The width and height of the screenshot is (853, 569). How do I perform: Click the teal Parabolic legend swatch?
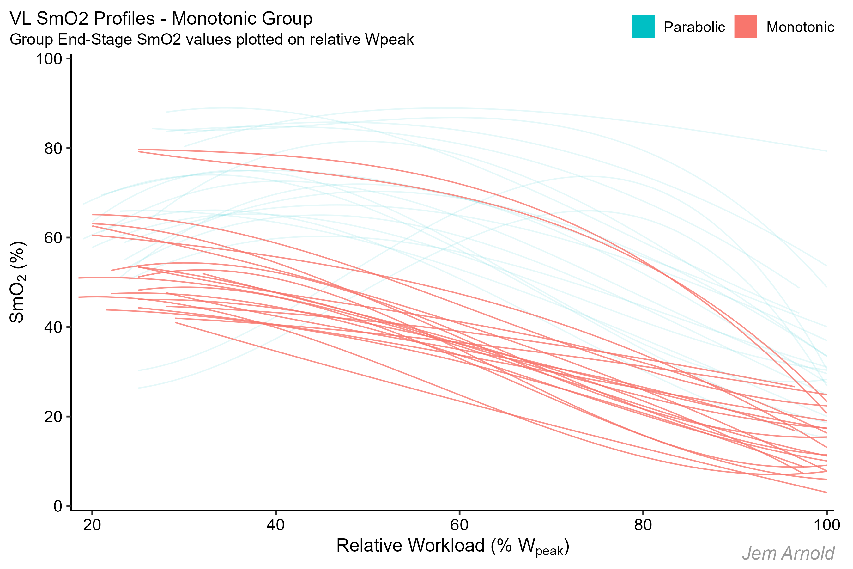(x=643, y=27)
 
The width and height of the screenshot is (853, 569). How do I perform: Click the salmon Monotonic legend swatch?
(x=745, y=27)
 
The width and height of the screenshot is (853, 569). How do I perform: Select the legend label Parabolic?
(x=694, y=27)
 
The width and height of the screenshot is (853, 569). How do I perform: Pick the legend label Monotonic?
(x=800, y=27)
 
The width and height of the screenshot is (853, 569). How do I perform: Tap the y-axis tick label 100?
(x=49, y=59)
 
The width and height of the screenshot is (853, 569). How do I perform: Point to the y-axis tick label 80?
(x=53, y=149)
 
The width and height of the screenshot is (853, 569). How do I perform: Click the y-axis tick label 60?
(x=53, y=238)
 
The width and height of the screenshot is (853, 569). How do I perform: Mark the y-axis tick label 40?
(x=53, y=327)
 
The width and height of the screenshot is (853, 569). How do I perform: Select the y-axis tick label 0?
(x=58, y=506)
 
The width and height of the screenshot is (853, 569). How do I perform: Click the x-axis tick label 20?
(x=92, y=525)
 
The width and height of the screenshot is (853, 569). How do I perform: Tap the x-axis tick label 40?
(x=275, y=525)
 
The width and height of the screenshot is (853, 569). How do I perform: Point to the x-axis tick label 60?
(x=459, y=525)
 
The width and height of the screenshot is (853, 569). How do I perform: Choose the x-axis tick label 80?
(x=643, y=525)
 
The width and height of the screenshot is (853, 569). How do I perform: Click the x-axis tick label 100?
(x=826, y=525)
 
